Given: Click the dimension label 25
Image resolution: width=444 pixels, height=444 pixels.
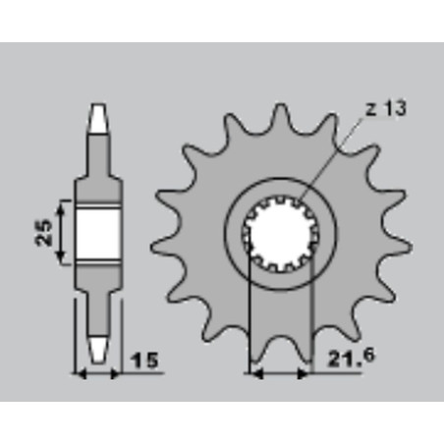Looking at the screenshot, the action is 43,232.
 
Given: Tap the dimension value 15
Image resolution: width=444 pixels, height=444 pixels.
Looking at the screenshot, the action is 144,361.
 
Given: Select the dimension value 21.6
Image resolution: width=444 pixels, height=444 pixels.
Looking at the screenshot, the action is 351,358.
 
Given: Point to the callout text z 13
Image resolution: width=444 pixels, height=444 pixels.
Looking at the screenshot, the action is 385,108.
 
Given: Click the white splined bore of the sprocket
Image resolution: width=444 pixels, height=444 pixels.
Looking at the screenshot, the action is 279,233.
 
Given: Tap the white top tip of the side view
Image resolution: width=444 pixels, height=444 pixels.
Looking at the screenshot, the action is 98,119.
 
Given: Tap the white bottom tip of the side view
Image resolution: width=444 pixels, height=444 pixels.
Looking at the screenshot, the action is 98,349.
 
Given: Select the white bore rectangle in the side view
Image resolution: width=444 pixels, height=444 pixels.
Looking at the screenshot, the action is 97,233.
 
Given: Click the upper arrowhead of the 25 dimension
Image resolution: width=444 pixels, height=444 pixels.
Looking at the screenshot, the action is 60,209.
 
